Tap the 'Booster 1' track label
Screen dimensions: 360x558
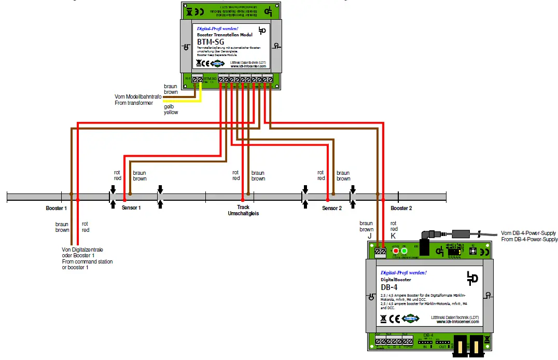pos(56,208)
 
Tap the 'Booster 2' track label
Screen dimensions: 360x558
pos(401,208)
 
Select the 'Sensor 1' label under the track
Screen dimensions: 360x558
pos(131,208)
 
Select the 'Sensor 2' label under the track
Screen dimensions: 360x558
pos(332,208)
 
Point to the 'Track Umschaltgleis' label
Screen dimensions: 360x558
pos(243,210)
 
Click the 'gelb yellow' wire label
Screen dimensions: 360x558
pos(171,109)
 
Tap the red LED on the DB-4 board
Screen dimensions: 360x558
pos(396,252)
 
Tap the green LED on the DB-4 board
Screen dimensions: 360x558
pos(404,252)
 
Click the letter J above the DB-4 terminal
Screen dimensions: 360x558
pos(369,236)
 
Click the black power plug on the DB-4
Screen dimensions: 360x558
pos(426,237)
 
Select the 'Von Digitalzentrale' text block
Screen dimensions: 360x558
pos(87,258)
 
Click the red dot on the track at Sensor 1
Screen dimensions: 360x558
pos(124,199)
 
